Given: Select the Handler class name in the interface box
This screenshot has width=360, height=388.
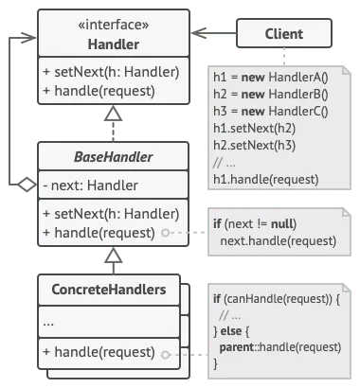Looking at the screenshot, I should [113, 44].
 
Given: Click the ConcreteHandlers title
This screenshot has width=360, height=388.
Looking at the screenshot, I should [113, 289].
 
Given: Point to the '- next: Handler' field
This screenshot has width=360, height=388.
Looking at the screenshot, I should [91, 185].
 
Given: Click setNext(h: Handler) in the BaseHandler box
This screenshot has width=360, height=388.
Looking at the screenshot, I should [111, 214].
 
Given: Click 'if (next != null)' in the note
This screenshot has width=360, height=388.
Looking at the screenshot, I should [255, 224].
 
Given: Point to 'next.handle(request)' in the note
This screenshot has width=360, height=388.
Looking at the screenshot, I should [269, 241].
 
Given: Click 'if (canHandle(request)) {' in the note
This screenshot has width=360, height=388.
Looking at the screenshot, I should [274, 300].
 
